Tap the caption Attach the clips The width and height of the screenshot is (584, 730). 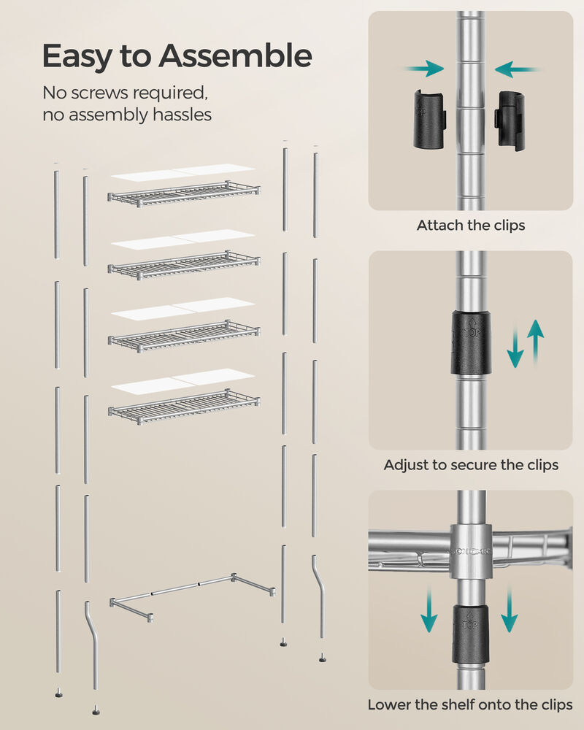pos(471,226)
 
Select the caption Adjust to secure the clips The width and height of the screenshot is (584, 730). pos(471,465)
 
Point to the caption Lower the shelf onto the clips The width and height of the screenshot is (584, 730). pos(470,705)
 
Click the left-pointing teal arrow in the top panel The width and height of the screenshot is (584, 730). pos(517,70)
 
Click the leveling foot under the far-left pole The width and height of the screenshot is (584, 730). pos(57,691)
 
